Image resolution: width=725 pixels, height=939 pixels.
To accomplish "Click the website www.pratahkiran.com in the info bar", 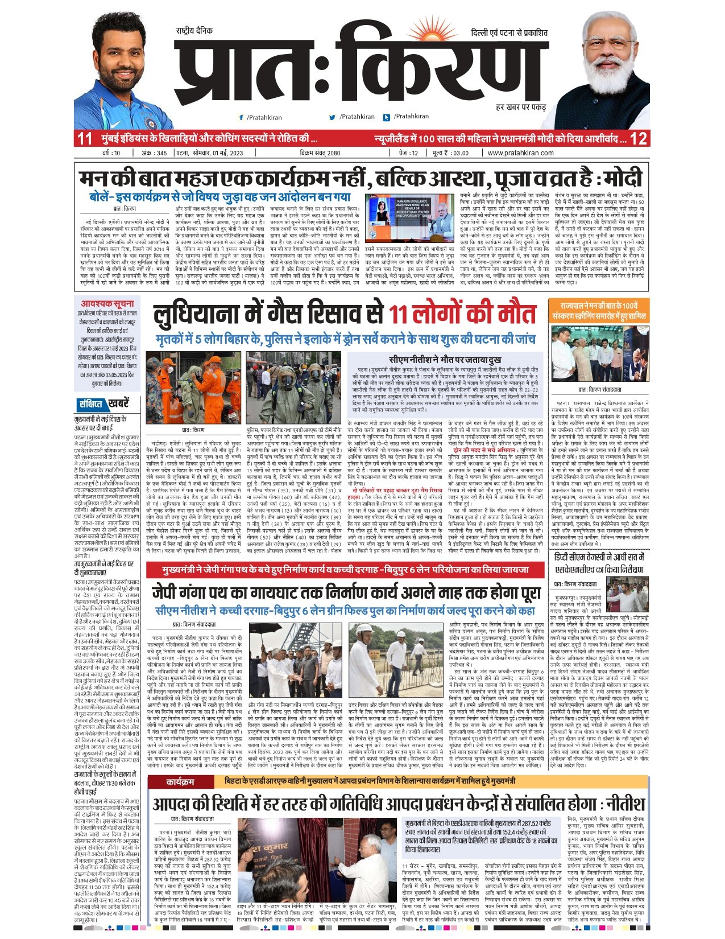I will click(x=520, y=153).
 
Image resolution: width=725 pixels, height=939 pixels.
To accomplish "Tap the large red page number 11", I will click(x=85, y=138).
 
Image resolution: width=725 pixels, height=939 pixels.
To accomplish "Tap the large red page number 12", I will click(x=639, y=138).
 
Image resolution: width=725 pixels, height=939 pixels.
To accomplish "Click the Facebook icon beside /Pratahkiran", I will click(x=242, y=117).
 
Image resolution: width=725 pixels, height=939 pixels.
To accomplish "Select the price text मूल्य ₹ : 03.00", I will click(x=450, y=153).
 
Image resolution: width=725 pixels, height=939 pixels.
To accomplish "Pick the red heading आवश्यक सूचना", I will click(x=107, y=304).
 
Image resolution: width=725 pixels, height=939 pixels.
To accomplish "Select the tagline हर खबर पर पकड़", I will click(x=520, y=107).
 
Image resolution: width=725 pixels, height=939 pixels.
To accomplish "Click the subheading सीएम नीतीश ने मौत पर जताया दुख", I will click(x=445, y=360).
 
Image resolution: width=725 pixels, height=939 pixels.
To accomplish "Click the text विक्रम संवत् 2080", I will click(x=320, y=153).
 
